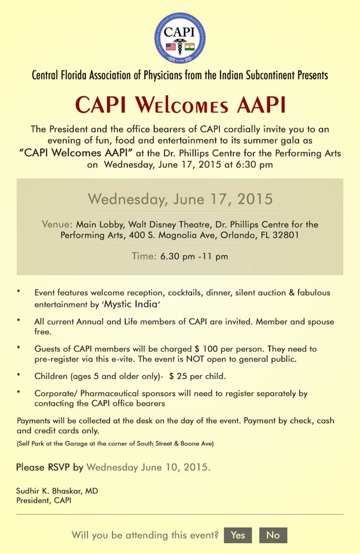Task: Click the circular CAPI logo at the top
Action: [180, 37]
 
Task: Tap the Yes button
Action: [238, 535]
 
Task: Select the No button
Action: [273, 535]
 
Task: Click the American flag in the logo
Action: [171, 46]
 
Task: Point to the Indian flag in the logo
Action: [189, 46]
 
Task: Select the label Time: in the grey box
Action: [144, 257]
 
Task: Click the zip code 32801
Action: [283, 235]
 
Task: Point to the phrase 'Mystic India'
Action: [131, 304]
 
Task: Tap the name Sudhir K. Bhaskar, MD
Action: [57, 491]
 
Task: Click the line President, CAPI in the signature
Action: [44, 500]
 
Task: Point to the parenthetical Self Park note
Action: [115, 444]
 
